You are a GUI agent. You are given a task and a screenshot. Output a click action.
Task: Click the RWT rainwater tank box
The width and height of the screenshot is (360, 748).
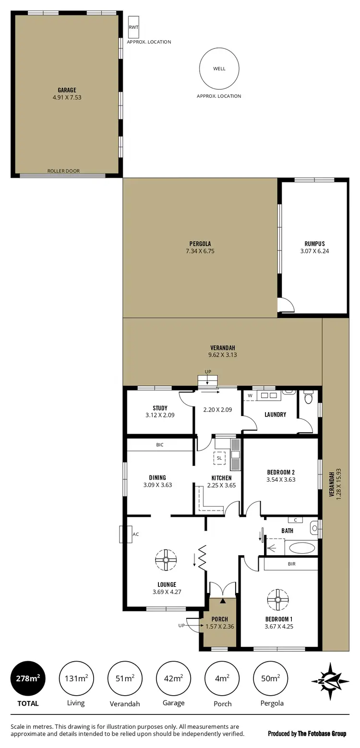point(133,27)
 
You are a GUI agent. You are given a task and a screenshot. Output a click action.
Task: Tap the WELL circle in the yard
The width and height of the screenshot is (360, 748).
point(219,69)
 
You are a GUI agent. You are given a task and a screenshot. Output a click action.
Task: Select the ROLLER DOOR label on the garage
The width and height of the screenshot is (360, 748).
point(63,171)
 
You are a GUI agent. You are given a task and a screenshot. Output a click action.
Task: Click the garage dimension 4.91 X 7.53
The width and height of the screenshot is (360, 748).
point(67,97)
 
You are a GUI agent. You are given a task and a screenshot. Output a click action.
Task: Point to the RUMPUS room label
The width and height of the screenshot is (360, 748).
point(314,243)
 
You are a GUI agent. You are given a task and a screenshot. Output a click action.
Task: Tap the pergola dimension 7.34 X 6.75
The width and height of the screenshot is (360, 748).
point(200,251)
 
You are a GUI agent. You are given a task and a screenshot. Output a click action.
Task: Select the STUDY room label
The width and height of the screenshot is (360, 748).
point(160,408)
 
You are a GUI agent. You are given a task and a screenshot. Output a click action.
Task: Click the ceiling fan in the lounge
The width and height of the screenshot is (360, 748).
point(166,559)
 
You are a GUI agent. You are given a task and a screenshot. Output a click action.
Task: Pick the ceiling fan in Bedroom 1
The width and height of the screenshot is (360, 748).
point(277,599)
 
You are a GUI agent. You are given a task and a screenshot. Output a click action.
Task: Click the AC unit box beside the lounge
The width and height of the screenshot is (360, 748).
point(126,534)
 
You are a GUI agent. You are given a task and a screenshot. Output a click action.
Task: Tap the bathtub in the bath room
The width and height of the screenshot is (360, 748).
point(301,547)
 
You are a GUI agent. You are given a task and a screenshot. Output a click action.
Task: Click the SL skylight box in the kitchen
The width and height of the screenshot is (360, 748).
point(219,458)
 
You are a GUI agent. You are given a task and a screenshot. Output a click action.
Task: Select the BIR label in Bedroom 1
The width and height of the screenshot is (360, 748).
point(291,564)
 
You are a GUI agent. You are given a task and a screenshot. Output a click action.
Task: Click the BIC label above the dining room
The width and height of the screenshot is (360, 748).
point(160,445)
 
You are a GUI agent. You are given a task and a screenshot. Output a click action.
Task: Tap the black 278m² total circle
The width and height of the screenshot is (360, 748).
point(28,678)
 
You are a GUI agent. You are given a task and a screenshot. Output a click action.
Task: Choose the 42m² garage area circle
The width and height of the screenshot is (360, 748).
point(173,678)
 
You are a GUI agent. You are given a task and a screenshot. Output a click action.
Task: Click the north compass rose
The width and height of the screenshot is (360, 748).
point(330,681)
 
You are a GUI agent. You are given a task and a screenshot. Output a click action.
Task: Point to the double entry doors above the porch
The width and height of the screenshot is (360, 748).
point(223,589)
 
